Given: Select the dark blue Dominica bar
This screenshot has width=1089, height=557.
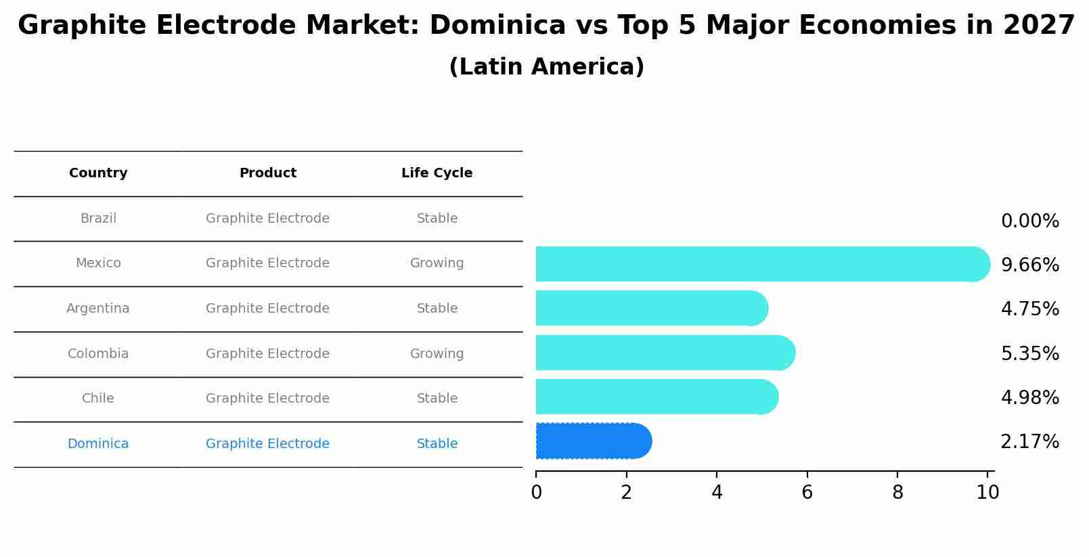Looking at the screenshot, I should point(592,441).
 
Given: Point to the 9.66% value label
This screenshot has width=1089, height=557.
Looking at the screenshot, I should point(1029,265).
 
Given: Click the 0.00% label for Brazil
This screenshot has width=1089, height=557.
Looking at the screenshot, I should point(1029,221).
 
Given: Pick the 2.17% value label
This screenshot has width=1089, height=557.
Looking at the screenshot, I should point(1029,442).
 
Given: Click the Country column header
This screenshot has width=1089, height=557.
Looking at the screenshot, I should point(98,173).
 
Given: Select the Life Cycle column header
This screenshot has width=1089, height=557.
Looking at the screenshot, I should point(437,173).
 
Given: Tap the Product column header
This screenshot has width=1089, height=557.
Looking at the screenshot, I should point(267,173).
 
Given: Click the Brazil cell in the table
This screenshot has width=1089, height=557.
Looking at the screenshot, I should point(98,219).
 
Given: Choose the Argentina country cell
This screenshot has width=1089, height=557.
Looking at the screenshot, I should point(98,309).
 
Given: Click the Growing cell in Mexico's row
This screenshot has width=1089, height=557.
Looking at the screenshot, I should point(437,263).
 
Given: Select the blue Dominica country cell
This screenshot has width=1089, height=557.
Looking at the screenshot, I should point(98,444).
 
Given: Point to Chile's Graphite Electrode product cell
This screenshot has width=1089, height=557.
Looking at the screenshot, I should point(267,399).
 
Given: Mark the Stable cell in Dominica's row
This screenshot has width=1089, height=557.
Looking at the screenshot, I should point(437,444).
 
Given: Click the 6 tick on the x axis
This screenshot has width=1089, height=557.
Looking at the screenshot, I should point(807,493).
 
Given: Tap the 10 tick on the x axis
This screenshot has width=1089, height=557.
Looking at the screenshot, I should point(987,493).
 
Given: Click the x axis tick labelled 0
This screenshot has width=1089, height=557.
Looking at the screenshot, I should point(536,493).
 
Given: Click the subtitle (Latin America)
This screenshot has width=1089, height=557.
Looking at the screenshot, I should point(546,67).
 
